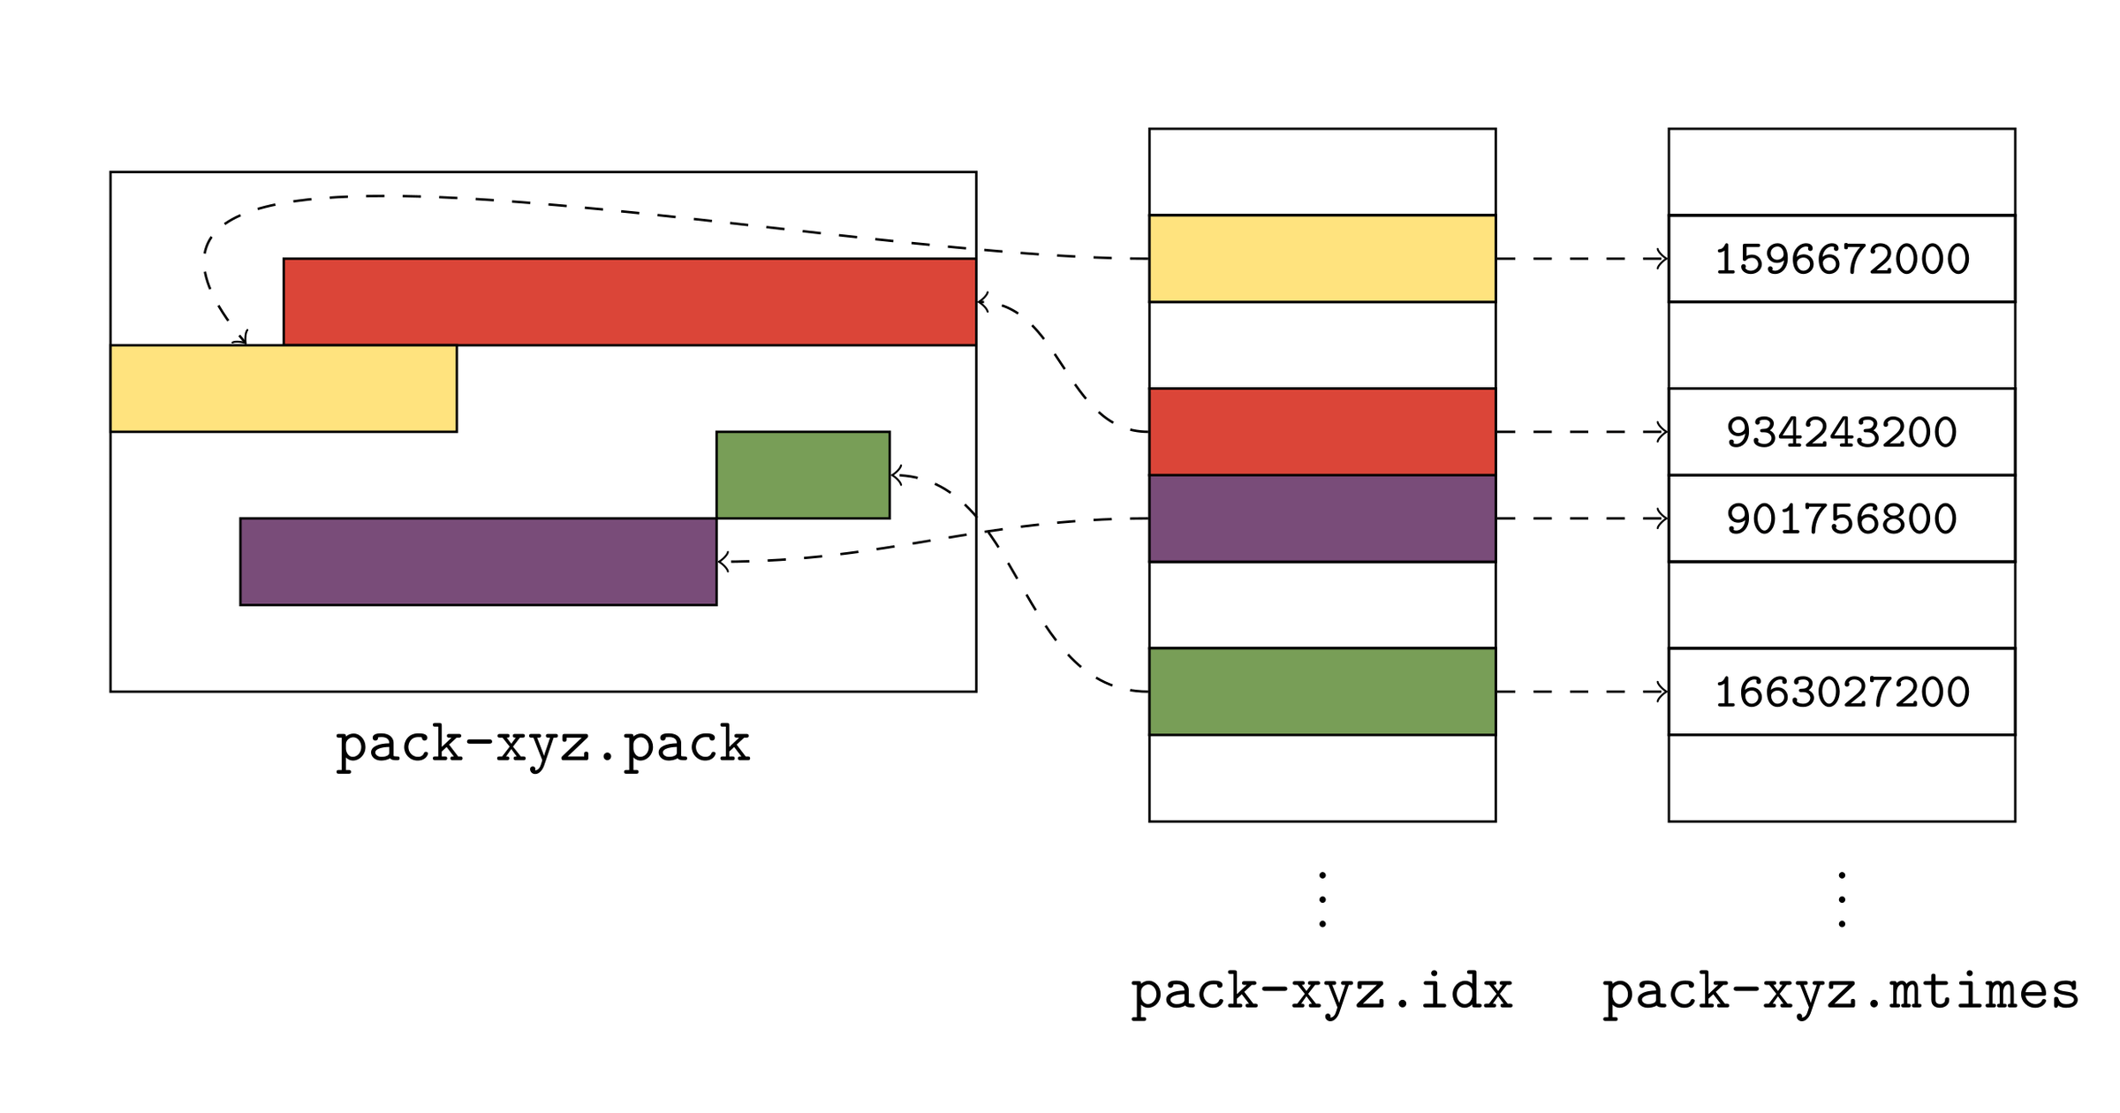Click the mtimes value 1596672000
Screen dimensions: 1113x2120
coord(1842,259)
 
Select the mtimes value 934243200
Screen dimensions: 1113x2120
coord(1842,432)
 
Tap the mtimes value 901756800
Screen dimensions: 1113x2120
coord(1842,519)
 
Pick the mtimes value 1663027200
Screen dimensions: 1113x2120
coord(1842,692)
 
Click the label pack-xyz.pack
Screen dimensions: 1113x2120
coord(542,745)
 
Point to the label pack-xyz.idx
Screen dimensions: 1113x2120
coord(1321,991)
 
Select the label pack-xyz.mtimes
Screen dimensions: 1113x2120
coord(1841,991)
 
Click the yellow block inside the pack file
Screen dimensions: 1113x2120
coord(283,389)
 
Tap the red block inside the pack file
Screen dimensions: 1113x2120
coord(629,302)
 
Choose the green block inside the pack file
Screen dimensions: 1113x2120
coord(802,475)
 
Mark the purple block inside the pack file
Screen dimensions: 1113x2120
coord(478,562)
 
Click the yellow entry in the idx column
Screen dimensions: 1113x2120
coord(1321,259)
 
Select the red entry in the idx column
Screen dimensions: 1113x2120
coord(1321,432)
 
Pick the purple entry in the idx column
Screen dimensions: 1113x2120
coord(1321,519)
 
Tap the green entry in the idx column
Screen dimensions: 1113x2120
coord(1321,692)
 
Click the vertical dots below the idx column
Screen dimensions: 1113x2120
coord(1321,900)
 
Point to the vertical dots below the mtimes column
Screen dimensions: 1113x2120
coord(1842,900)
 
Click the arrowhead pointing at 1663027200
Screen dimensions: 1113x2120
coord(1662,692)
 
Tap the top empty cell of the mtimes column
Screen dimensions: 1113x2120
coord(1842,172)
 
